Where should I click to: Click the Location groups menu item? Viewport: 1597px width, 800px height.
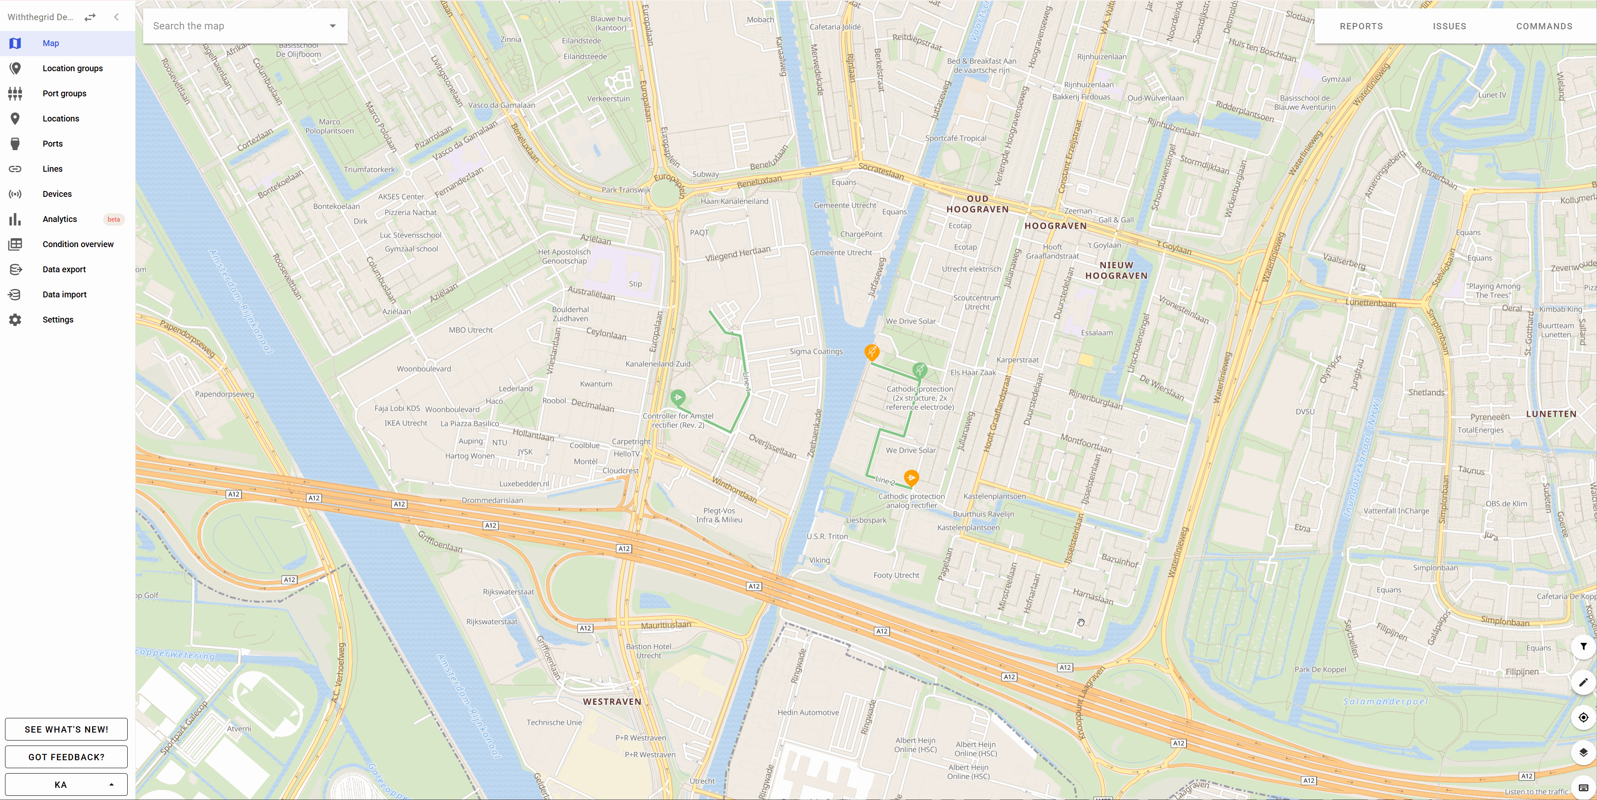pos(72,68)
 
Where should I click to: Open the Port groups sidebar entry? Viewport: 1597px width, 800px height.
pos(64,94)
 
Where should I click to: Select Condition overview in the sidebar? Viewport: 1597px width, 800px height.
pos(78,244)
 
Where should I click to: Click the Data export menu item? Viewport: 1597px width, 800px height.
pos(64,269)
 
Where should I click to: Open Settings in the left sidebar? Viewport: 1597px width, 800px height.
pos(58,320)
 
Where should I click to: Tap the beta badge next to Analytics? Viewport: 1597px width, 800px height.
pos(113,219)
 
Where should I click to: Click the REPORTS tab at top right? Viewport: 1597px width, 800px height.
pos(1361,26)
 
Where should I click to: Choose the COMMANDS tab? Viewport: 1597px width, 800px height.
pos(1544,26)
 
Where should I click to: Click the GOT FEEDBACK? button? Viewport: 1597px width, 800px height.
pos(66,756)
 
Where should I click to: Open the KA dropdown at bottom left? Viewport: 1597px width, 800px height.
pos(66,785)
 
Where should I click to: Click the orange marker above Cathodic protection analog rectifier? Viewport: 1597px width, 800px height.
pos(911,477)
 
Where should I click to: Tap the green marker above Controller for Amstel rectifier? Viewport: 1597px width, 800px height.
pos(678,397)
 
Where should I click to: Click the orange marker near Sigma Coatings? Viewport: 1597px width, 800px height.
pos(872,352)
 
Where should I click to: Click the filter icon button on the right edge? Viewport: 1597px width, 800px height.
pos(1583,647)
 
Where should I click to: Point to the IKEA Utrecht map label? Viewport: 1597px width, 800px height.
pos(406,423)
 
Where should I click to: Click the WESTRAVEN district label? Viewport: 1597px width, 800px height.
pos(612,702)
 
